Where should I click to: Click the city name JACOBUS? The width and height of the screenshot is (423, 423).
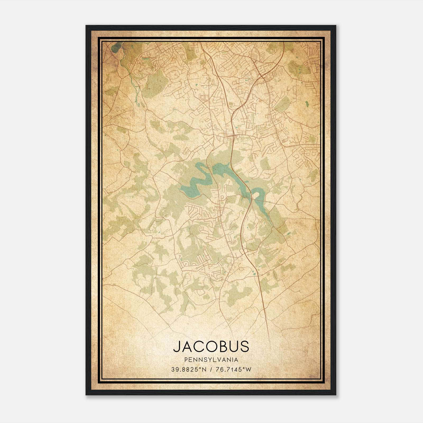pyautogui.click(x=211, y=346)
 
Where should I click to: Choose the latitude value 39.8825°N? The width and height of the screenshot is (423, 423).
pyautogui.click(x=188, y=370)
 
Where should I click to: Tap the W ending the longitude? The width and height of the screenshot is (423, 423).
pyautogui.click(x=248, y=370)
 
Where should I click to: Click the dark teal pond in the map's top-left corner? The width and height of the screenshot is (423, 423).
pyautogui.click(x=115, y=48)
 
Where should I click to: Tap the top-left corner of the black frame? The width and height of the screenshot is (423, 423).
pyautogui.click(x=86, y=26)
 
